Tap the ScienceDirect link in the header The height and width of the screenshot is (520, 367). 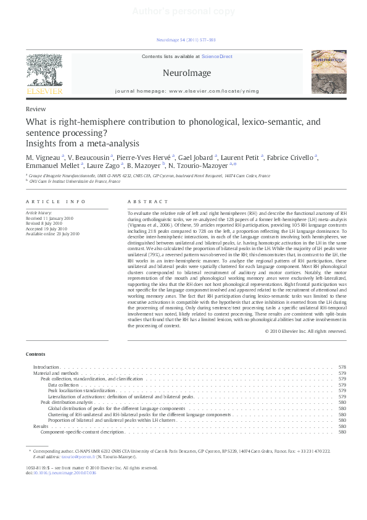tap(216, 56)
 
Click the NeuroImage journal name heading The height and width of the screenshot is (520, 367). tap(186, 73)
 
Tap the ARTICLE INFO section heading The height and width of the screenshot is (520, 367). tap(47, 202)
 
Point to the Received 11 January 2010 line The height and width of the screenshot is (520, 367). tap(49, 218)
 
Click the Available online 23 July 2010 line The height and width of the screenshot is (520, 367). tap(52, 234)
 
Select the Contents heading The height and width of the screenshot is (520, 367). tap(35, 354)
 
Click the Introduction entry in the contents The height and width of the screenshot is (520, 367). tap(46, 367)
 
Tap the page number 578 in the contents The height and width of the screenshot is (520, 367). tap(342, 367)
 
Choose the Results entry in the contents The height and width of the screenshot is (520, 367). tap(41, 426)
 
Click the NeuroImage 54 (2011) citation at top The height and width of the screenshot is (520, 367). tap(186, 40)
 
